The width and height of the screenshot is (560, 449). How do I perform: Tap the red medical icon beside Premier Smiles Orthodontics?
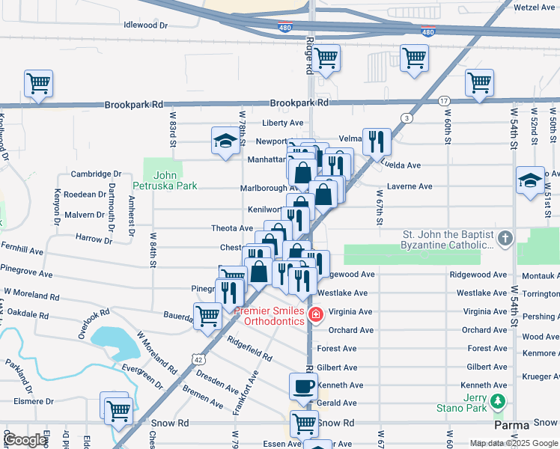(x=316, y=314)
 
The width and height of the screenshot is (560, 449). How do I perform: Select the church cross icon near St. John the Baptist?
(x=505, y=239)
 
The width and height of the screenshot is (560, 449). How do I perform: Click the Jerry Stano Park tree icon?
(x=496, y=403)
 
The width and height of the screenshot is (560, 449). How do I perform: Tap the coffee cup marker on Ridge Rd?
(x=304, y=387)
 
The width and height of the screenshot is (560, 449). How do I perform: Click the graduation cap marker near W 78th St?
(x=224, y=141)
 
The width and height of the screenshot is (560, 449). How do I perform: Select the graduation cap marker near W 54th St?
(x=530, y=180)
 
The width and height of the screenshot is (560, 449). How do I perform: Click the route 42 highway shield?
(x=198, y=359)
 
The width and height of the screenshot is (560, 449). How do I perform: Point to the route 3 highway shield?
(x=407, y=117)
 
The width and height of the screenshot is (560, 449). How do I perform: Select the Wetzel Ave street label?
(x=534, y=7)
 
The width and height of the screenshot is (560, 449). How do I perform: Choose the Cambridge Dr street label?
(x=96, y=174)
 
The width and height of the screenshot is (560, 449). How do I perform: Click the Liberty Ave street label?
(x=282, y=123)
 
